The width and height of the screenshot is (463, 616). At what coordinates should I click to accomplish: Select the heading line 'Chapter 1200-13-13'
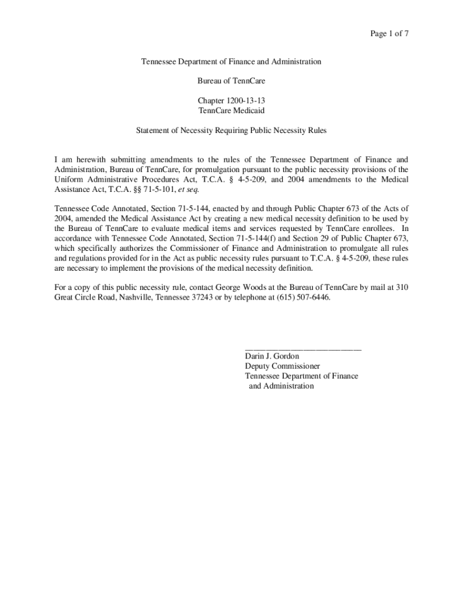(231, 101)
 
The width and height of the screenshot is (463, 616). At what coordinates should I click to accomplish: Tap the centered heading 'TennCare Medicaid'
(231, 111)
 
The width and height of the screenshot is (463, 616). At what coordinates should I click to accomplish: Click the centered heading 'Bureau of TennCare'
(231, 81)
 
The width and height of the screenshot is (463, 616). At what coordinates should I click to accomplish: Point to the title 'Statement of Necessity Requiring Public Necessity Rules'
(231, 130)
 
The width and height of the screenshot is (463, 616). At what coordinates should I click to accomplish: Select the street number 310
(402, 288)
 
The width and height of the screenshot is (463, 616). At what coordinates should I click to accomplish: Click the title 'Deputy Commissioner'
(282, 366)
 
